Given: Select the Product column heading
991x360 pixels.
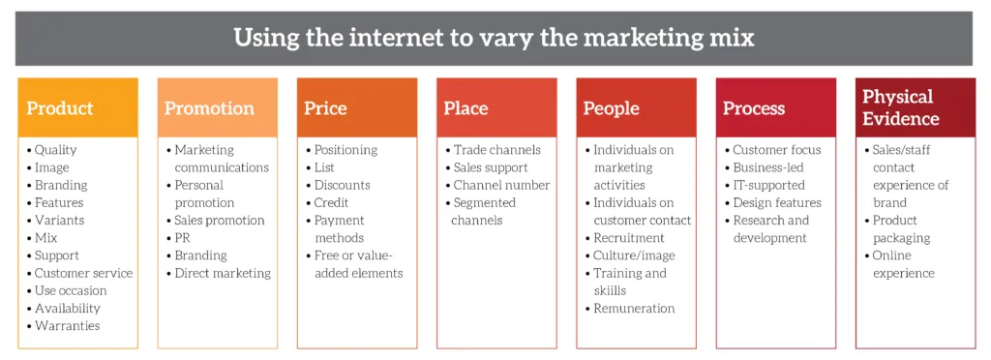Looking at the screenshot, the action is click(x=60, y=108).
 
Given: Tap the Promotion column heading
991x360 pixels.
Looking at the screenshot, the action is click(x=209, y=108).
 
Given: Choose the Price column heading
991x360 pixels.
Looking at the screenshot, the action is click(x=325, y=108).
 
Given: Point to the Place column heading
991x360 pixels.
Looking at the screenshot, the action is click(x=465, y=108).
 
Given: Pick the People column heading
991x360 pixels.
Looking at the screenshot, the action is click(x=612, y=108).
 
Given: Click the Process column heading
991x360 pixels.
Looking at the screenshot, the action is click(x=754, y=108).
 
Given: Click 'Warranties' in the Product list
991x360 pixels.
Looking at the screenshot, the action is click(x=68, y=326).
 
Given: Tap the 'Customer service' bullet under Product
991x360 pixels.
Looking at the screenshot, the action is click(x=84, y=273).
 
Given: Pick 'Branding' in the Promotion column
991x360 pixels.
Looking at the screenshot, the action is click(x=201, y=255).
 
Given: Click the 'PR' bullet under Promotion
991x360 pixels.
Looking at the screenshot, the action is click(x=182, y=237).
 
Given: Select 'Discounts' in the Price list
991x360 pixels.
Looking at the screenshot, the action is click(x=342, y=185).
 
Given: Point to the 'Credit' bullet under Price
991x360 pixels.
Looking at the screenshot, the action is click(x=331, y=202).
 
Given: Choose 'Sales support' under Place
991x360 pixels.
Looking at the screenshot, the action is click(x=491, y=167).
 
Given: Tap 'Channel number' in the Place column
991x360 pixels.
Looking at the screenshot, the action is click(x=502, y=185).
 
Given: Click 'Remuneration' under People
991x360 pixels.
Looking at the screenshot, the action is click(x=634, y=308).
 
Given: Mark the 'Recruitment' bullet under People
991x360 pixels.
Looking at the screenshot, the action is click(x=629, y=237).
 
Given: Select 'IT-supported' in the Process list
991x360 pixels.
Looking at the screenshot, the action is click(x=769, y=185).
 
